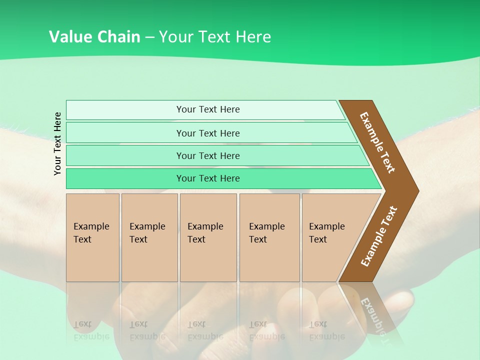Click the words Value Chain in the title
pyautogui.click(x=94, y=37)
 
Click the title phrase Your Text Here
pyautogui.click(x=215, y=37)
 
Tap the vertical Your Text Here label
pyautogui.click(x=57, y=143)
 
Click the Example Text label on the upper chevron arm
pyautogui.click(x=377, y=142)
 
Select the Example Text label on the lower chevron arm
pyautogui.click(x=379, y=236)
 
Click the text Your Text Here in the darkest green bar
pyautogui.click(x=208, y=178)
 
